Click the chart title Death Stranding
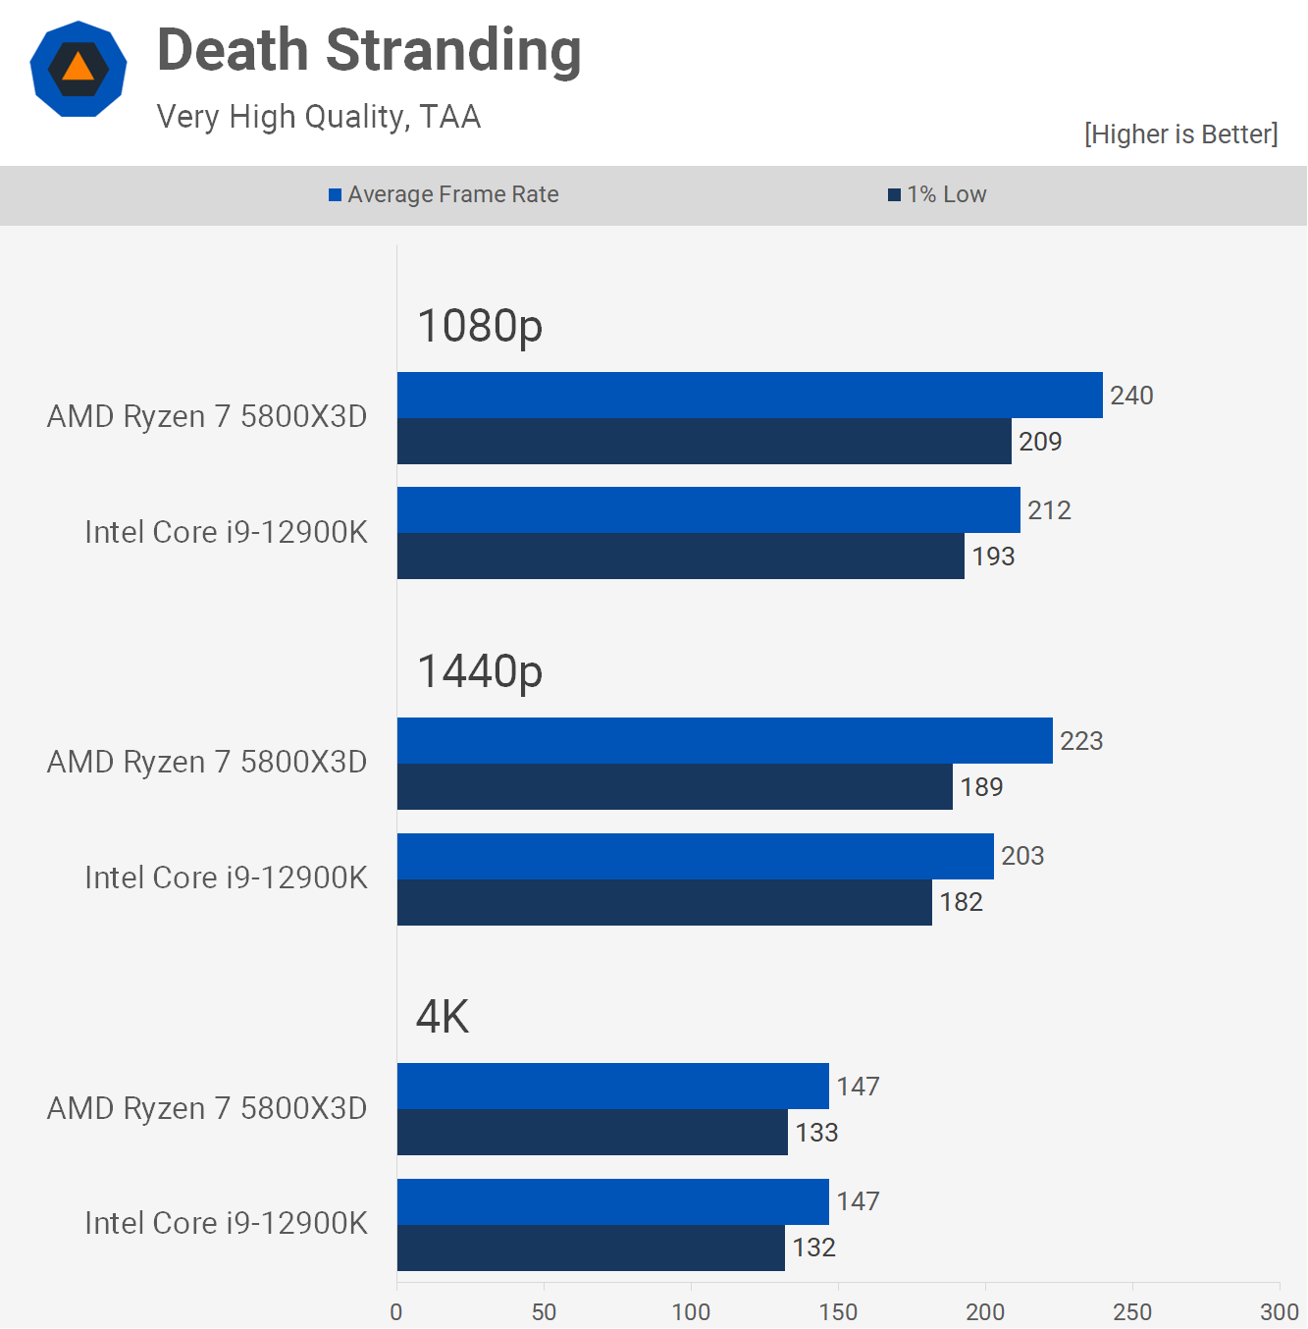[369, 51]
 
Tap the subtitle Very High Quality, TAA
[319, 117]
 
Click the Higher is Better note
[1180, 134]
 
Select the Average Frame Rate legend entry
[444, 194]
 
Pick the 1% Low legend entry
[937, 194]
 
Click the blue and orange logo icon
[78, 69]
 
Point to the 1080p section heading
[480, 326]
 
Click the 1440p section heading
[480, 671]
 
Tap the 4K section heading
[443, 1017]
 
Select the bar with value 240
[750, 396]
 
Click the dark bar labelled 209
[704, 442]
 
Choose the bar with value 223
[724, 741]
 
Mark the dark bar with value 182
[664, 902]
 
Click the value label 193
[993, 557]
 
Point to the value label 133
[816, 1133]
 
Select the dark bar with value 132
[591, 1248]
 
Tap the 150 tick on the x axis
[838, 1312]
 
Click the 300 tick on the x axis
[1280, 1312]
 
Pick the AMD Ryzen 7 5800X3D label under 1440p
[207, 763]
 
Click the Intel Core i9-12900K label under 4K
[226, 1223]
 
